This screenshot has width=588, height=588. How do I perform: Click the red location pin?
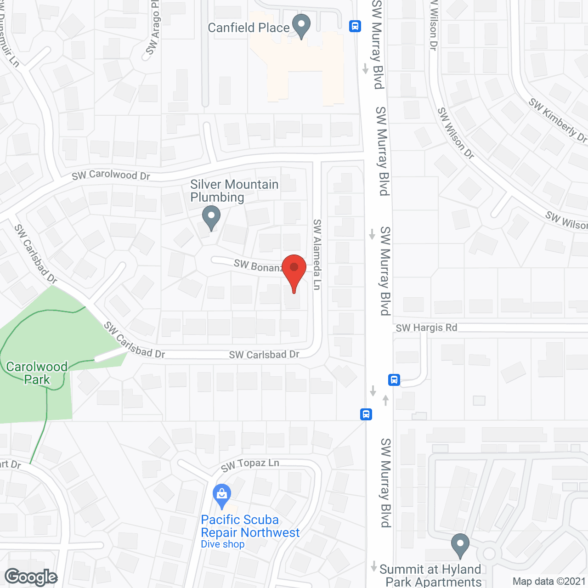point(294,269)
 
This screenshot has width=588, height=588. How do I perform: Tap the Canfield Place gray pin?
point(301,25)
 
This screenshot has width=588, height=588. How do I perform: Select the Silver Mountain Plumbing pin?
point(211,216)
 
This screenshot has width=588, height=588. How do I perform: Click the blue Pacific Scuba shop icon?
point(222,495)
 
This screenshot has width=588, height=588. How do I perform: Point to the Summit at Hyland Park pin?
point(460,544)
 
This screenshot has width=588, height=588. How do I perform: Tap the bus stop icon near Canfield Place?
point(355,26)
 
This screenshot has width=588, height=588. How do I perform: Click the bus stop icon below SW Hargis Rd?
point(394,380)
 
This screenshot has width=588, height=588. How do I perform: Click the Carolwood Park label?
point(37,373)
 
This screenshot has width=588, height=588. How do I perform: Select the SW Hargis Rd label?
point(426,328)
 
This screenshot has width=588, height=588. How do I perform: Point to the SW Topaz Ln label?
point(250,465)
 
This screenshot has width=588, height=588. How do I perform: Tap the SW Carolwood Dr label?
point(111,175)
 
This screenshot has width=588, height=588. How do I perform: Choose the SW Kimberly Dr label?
point(557,119)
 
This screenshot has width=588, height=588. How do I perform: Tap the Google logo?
point(31,577)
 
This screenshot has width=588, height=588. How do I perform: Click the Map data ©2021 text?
point(549,582)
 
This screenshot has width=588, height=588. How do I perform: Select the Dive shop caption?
point(223,544)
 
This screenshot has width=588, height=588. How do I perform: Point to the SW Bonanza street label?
point(258,266)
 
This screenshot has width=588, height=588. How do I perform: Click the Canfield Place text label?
point(249,28)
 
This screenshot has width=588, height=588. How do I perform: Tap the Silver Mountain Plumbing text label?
point(234,191)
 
